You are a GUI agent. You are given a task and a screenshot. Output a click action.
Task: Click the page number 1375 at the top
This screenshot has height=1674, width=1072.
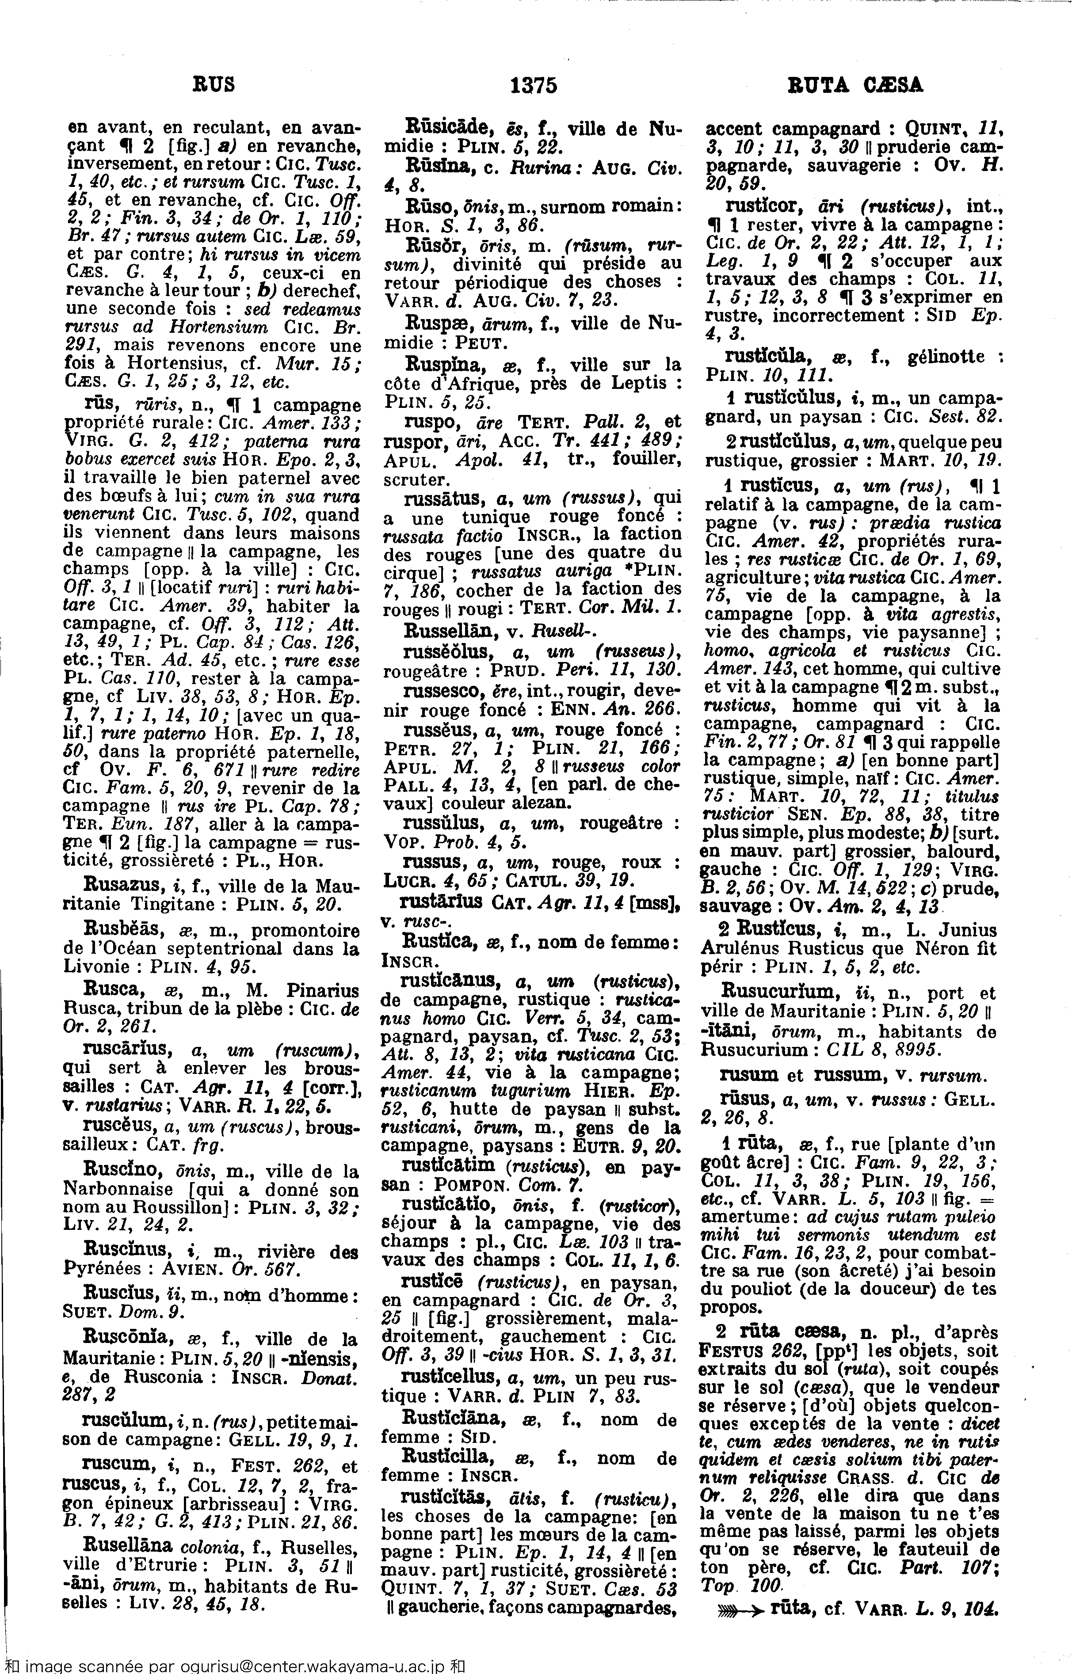[534, 86]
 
